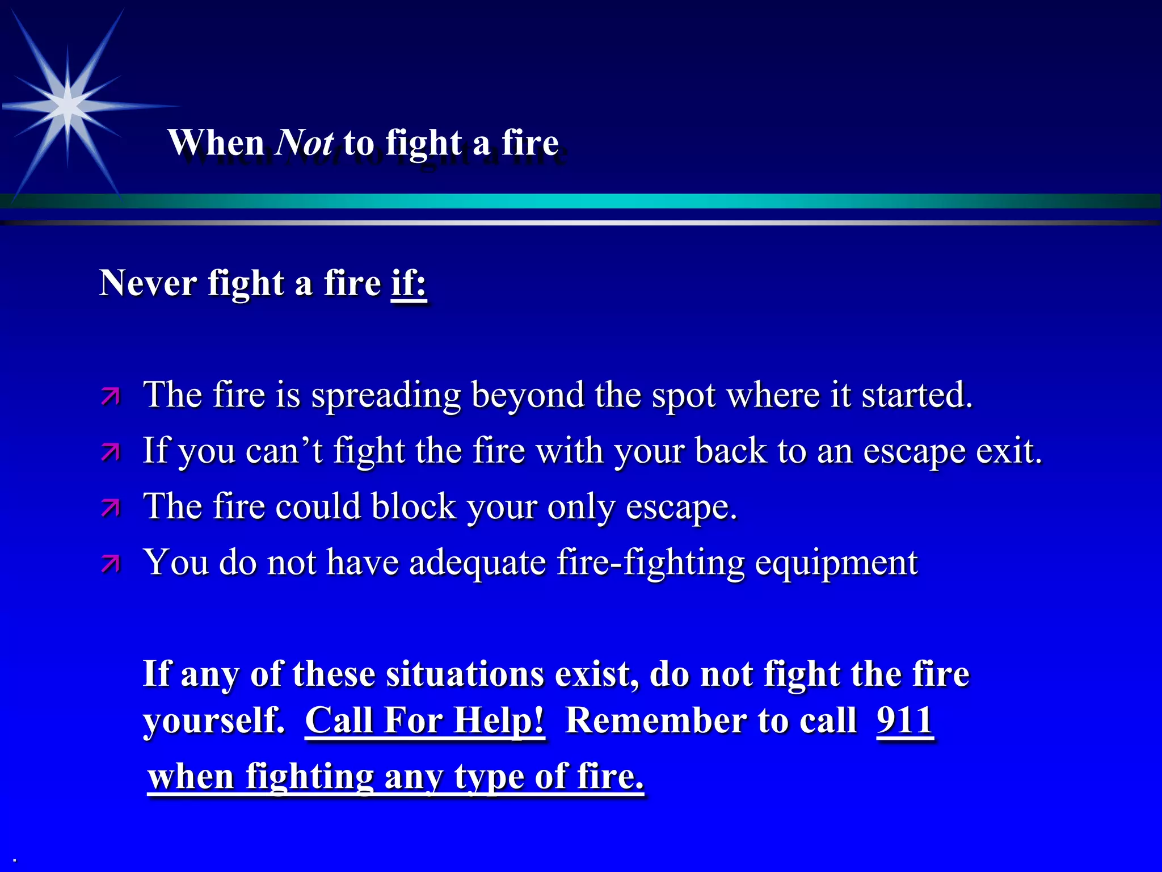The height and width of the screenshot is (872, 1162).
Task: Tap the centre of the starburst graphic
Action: point(68,106)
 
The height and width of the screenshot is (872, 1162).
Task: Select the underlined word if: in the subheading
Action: point(409,283)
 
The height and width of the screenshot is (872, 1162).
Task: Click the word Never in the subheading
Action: point(148,283)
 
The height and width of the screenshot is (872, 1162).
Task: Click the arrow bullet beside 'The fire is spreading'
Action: point(111,396)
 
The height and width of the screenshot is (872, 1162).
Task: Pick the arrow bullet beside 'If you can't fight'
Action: point(111,452)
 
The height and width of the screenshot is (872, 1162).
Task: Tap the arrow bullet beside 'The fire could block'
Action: point(111,508)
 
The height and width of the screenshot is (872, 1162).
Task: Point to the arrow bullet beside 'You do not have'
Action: point(111,563)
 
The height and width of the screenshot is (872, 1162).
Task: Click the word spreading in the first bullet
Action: point(386,395)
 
